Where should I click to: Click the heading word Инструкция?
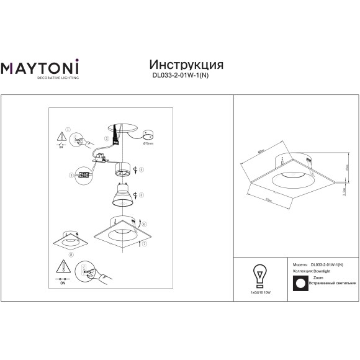[187, 65]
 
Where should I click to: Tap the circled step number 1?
[68, 130]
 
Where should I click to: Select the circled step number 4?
[142, 169]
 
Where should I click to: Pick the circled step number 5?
[142, 194]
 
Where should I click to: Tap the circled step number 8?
[71, 254]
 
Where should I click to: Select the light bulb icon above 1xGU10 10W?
[257, 274]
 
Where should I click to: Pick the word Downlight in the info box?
[321, 271]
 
